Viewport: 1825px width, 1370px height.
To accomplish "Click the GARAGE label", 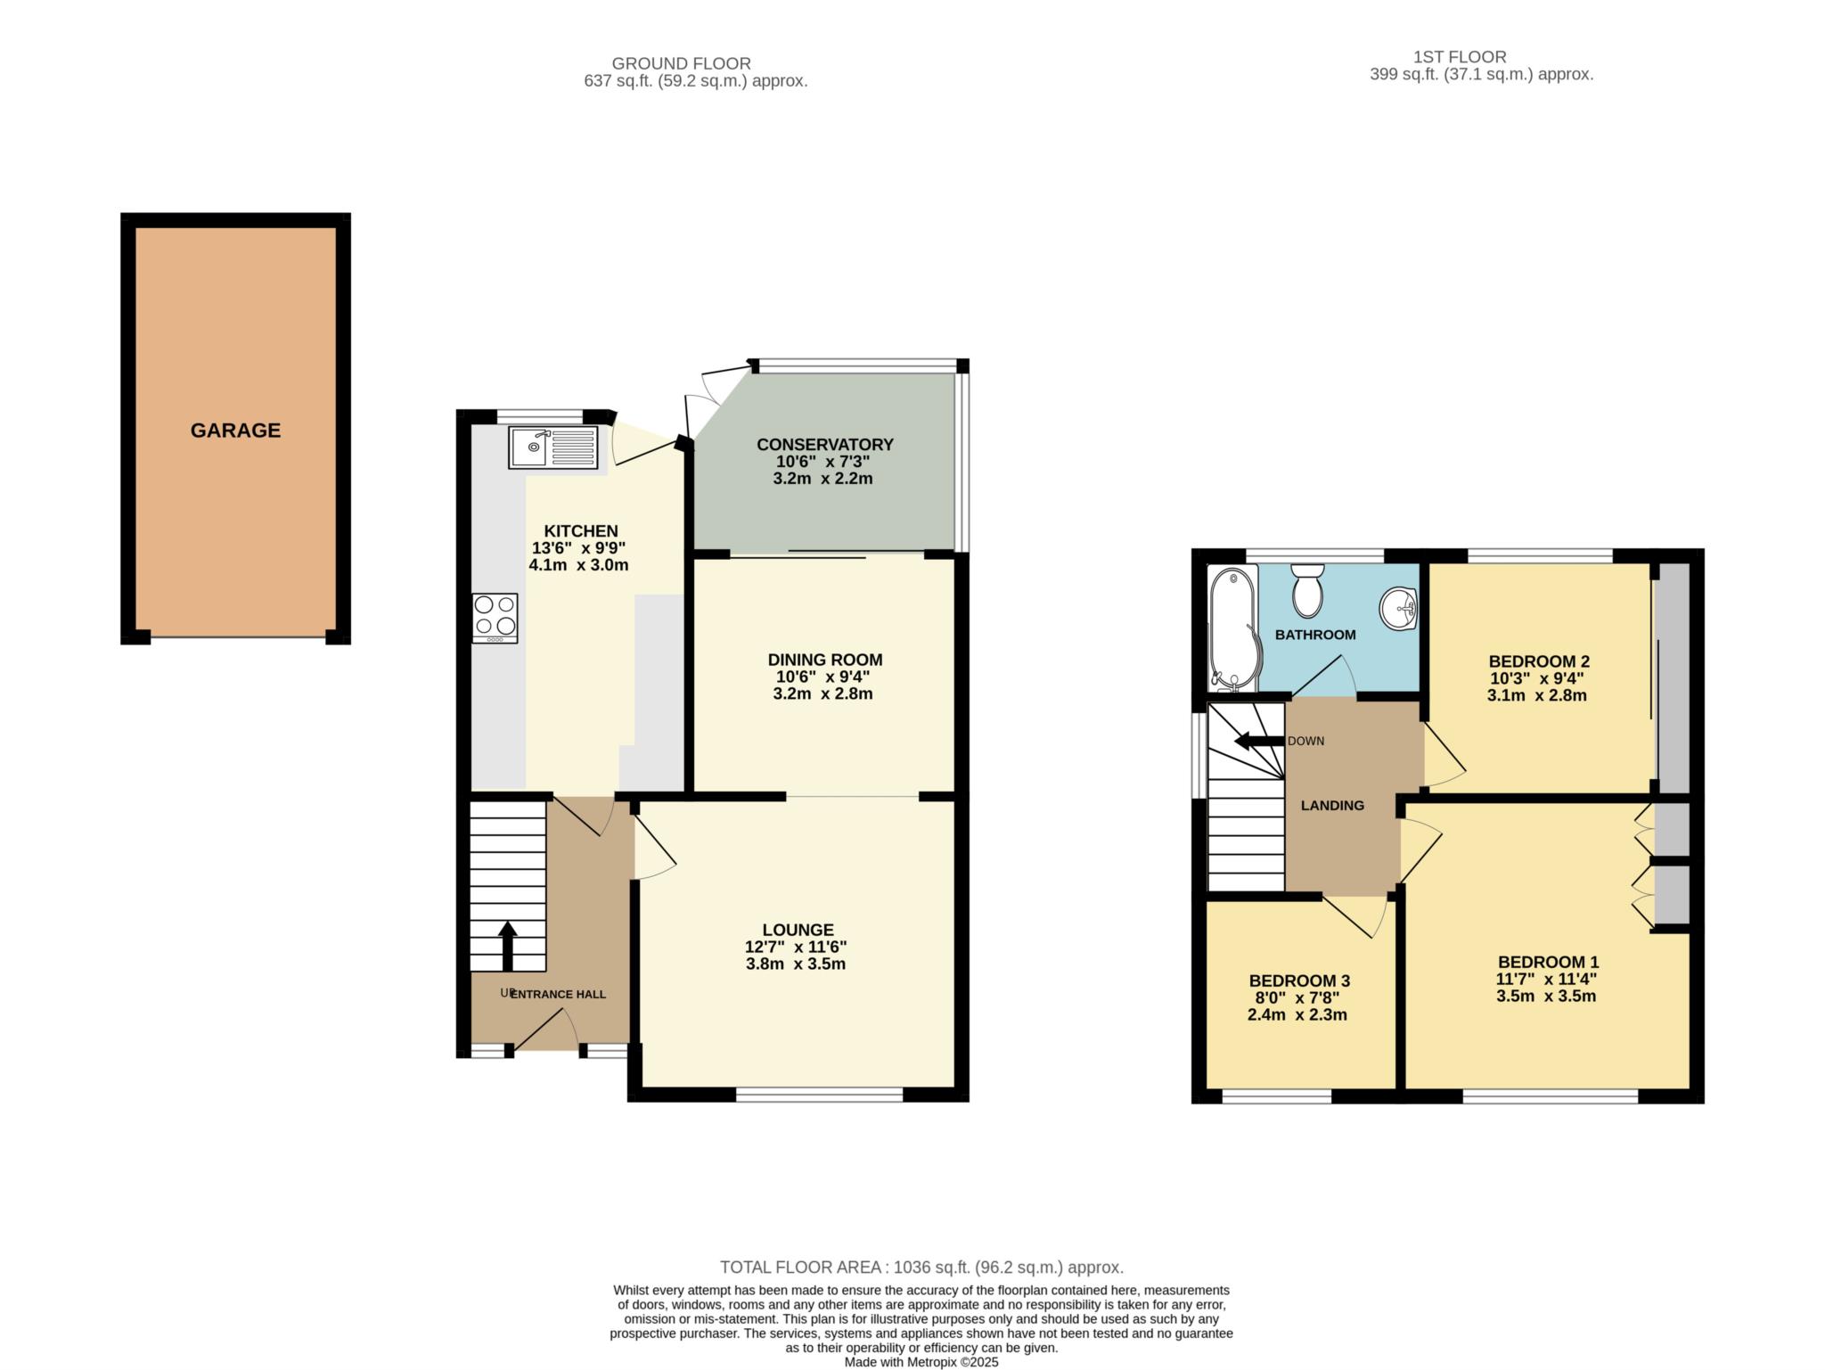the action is pos(235,431).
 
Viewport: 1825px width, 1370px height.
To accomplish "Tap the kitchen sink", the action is pos(553,447).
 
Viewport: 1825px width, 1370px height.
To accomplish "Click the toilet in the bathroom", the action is pos(1307,590).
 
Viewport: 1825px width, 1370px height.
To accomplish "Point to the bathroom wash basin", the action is pos(1398,608).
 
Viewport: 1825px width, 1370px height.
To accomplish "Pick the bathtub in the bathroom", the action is pos(1232,629).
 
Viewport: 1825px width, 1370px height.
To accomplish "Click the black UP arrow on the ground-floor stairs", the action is pos(508,946).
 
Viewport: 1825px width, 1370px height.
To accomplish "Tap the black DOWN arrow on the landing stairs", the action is pos(1258,741).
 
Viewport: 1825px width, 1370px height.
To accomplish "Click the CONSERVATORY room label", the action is pos(825,445).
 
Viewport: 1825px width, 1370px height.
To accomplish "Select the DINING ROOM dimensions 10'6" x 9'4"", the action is pos(823,677).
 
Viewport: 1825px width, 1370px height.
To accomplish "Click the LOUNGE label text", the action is pos(798,931).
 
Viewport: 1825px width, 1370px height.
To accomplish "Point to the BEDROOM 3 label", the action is pos(1297,981).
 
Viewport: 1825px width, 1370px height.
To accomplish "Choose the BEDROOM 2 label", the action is pos(1539,661).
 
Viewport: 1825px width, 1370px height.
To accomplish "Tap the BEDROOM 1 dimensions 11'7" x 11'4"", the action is pos(1546,979).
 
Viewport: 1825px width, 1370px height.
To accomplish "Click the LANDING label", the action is pos(1332,806).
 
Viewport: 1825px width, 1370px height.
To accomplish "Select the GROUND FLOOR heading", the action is pos(681,64).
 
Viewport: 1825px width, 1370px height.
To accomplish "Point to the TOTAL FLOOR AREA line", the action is pos(921,1267).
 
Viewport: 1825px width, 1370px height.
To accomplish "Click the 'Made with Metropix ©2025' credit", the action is pos(921,1362).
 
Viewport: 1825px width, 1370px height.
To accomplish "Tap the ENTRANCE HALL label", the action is pos(558,994).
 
